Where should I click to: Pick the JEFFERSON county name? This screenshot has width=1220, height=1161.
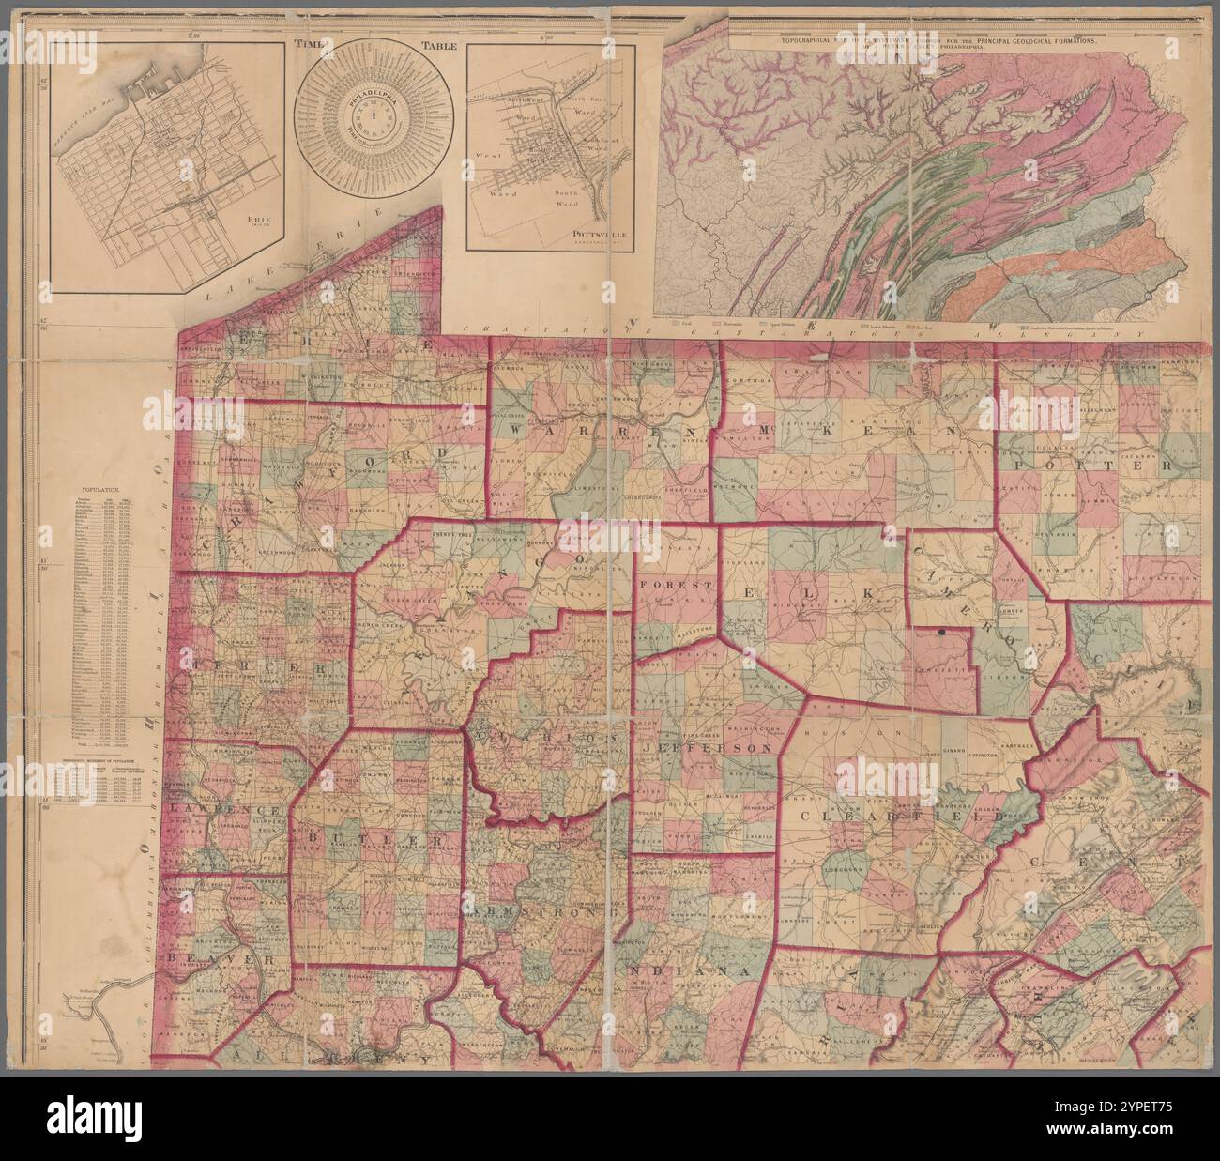(x=709, y=748)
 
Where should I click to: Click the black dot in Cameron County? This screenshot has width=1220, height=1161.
(x=940, y=635)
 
